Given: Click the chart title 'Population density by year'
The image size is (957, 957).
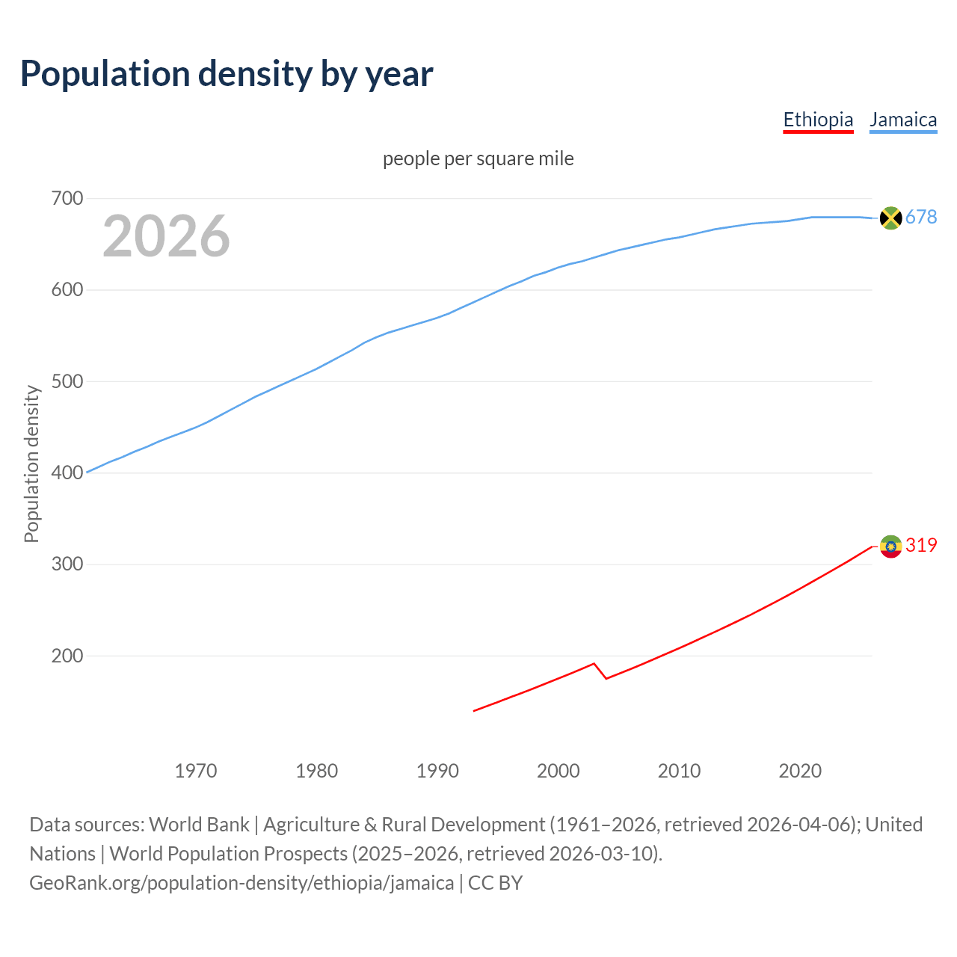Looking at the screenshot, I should coord(227,73).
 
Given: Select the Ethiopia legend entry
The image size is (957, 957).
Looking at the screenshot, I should coord(818,120).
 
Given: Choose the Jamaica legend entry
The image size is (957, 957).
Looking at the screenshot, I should coord(903,120).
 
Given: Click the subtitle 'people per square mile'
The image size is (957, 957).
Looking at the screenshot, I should coord(478,159).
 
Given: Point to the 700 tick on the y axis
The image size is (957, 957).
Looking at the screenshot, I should coord(67,198).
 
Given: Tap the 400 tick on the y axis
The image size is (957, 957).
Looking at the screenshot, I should coord(67,473).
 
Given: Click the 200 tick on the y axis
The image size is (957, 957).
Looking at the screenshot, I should coord(67,656).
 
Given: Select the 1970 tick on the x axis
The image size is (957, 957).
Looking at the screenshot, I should coord(196,770).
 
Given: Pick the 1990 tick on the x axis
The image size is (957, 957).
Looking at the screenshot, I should coord(437,770).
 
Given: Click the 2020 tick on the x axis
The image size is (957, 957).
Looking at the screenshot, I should coord(800,770).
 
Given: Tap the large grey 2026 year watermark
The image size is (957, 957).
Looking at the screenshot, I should coord(166,236).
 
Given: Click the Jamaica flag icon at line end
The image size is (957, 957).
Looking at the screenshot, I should coord(890,218).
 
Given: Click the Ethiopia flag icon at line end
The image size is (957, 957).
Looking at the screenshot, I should coord(890,546).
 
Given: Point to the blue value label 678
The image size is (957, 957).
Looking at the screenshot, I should coord(921,217).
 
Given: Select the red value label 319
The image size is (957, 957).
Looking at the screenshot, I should coord(921,545).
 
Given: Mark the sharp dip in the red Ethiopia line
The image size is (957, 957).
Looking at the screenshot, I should coord(605,677).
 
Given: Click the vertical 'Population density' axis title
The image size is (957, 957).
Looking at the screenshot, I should coord(31,464).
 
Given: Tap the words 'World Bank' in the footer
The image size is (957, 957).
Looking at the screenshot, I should coord(199,824).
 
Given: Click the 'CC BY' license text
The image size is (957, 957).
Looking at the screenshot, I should coord(495,882).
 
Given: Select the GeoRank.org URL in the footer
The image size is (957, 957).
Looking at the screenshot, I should coord(241,882).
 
